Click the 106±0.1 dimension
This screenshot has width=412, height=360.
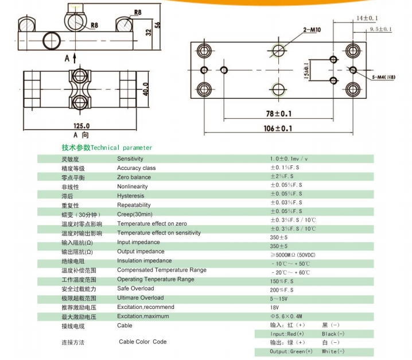[278, 129]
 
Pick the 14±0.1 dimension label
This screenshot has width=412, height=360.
[367, 18]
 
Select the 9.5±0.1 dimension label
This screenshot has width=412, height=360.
[380, 29]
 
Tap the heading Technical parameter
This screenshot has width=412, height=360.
[107, 148]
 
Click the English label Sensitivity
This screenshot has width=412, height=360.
[130, 158]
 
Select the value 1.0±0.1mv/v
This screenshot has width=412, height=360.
[289, 158]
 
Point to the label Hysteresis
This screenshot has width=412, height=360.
[131, 196]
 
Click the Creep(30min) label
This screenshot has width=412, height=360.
[134, 214]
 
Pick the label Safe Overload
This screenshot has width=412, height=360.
[135, 288]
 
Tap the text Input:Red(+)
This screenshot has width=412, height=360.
[287, 334]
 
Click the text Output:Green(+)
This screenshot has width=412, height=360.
[291, 351]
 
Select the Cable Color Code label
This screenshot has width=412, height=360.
[143, 342]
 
